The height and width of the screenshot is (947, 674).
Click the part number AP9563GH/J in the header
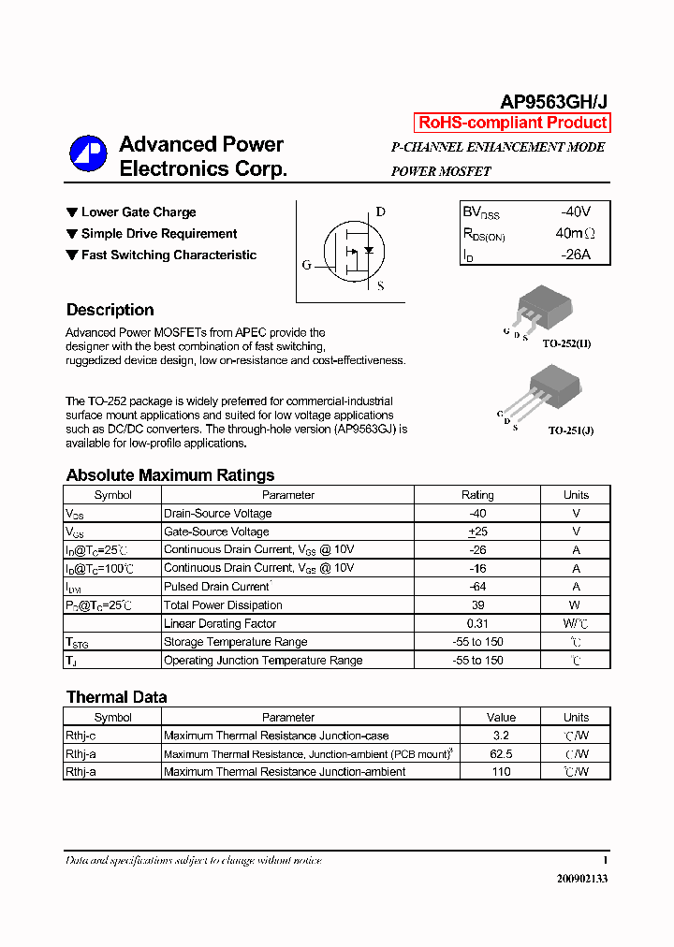tap(554, 102)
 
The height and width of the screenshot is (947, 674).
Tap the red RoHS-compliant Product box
tap(512, 123)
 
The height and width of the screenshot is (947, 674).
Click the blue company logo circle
tap(88, 154)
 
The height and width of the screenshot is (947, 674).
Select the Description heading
tap(110, 310)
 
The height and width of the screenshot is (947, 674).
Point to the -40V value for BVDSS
tap(575, 211)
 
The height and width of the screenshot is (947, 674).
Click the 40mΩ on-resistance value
tap(575, 233)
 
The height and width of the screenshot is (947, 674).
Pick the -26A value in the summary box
tap(575, 255)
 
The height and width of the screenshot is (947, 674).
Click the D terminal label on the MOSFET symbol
tap(380, 211)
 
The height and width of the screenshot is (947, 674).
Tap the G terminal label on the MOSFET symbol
tap(306, 265)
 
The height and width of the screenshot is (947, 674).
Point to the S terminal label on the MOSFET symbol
tap(380, 286)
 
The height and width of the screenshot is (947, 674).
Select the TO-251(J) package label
tap(570, 430)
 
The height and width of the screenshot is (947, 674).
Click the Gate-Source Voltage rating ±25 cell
tap(477, 532)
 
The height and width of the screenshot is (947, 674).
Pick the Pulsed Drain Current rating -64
tap(477, 587)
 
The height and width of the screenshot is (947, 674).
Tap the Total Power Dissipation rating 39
tap(477, 605)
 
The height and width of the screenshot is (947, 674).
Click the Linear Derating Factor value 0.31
tap(477, 623)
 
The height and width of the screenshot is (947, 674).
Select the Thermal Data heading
tap(116, 697)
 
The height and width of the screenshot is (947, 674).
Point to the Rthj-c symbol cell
tap(81, 736)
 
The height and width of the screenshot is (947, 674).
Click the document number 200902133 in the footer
tap(581, 879)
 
